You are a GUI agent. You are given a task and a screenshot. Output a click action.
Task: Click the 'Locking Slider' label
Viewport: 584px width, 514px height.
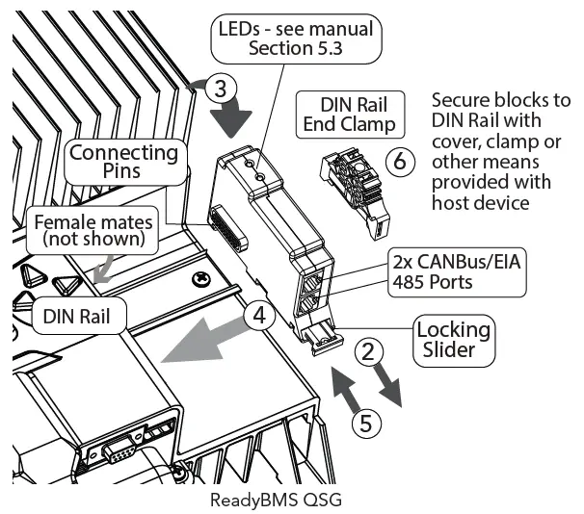(x=452, y=340)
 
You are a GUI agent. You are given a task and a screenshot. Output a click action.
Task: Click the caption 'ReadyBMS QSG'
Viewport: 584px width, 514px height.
(x=275, y=501)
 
